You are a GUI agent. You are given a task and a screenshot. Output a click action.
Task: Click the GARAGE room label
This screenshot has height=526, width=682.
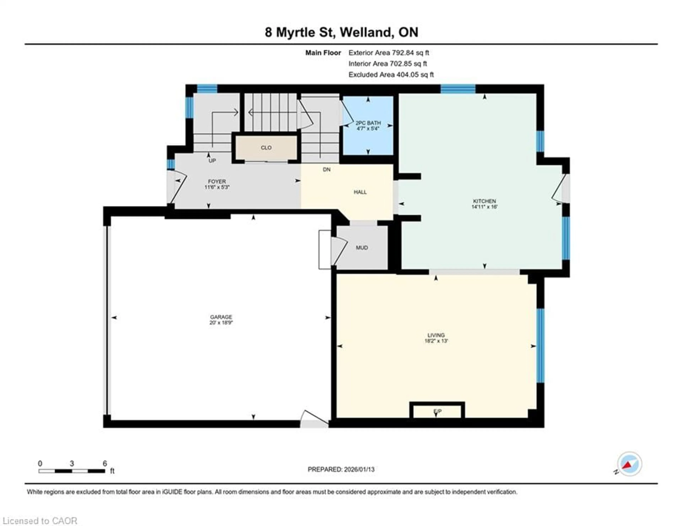click(221, 317)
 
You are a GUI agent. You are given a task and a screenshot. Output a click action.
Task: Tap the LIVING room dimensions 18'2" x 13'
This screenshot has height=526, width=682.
click(436, 341)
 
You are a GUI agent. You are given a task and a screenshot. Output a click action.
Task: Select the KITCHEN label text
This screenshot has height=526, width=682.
click(484, 201)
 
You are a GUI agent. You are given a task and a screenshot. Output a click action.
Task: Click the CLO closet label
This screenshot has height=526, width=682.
click(266, 148)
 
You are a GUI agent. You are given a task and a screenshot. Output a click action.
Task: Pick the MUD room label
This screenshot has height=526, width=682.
click(362, 248)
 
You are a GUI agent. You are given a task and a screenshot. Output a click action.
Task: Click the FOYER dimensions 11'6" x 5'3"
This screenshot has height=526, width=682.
click(217, 187)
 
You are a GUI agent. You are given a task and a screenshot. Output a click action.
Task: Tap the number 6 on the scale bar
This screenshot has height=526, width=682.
click(105, 463)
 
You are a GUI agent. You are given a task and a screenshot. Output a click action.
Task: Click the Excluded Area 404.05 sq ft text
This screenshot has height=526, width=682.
click(391, 75)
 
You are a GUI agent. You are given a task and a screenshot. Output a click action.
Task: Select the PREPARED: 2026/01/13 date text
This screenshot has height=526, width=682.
click(341, 469)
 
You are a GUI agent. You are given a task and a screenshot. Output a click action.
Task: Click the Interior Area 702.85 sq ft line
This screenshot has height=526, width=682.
click(388, 64)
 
